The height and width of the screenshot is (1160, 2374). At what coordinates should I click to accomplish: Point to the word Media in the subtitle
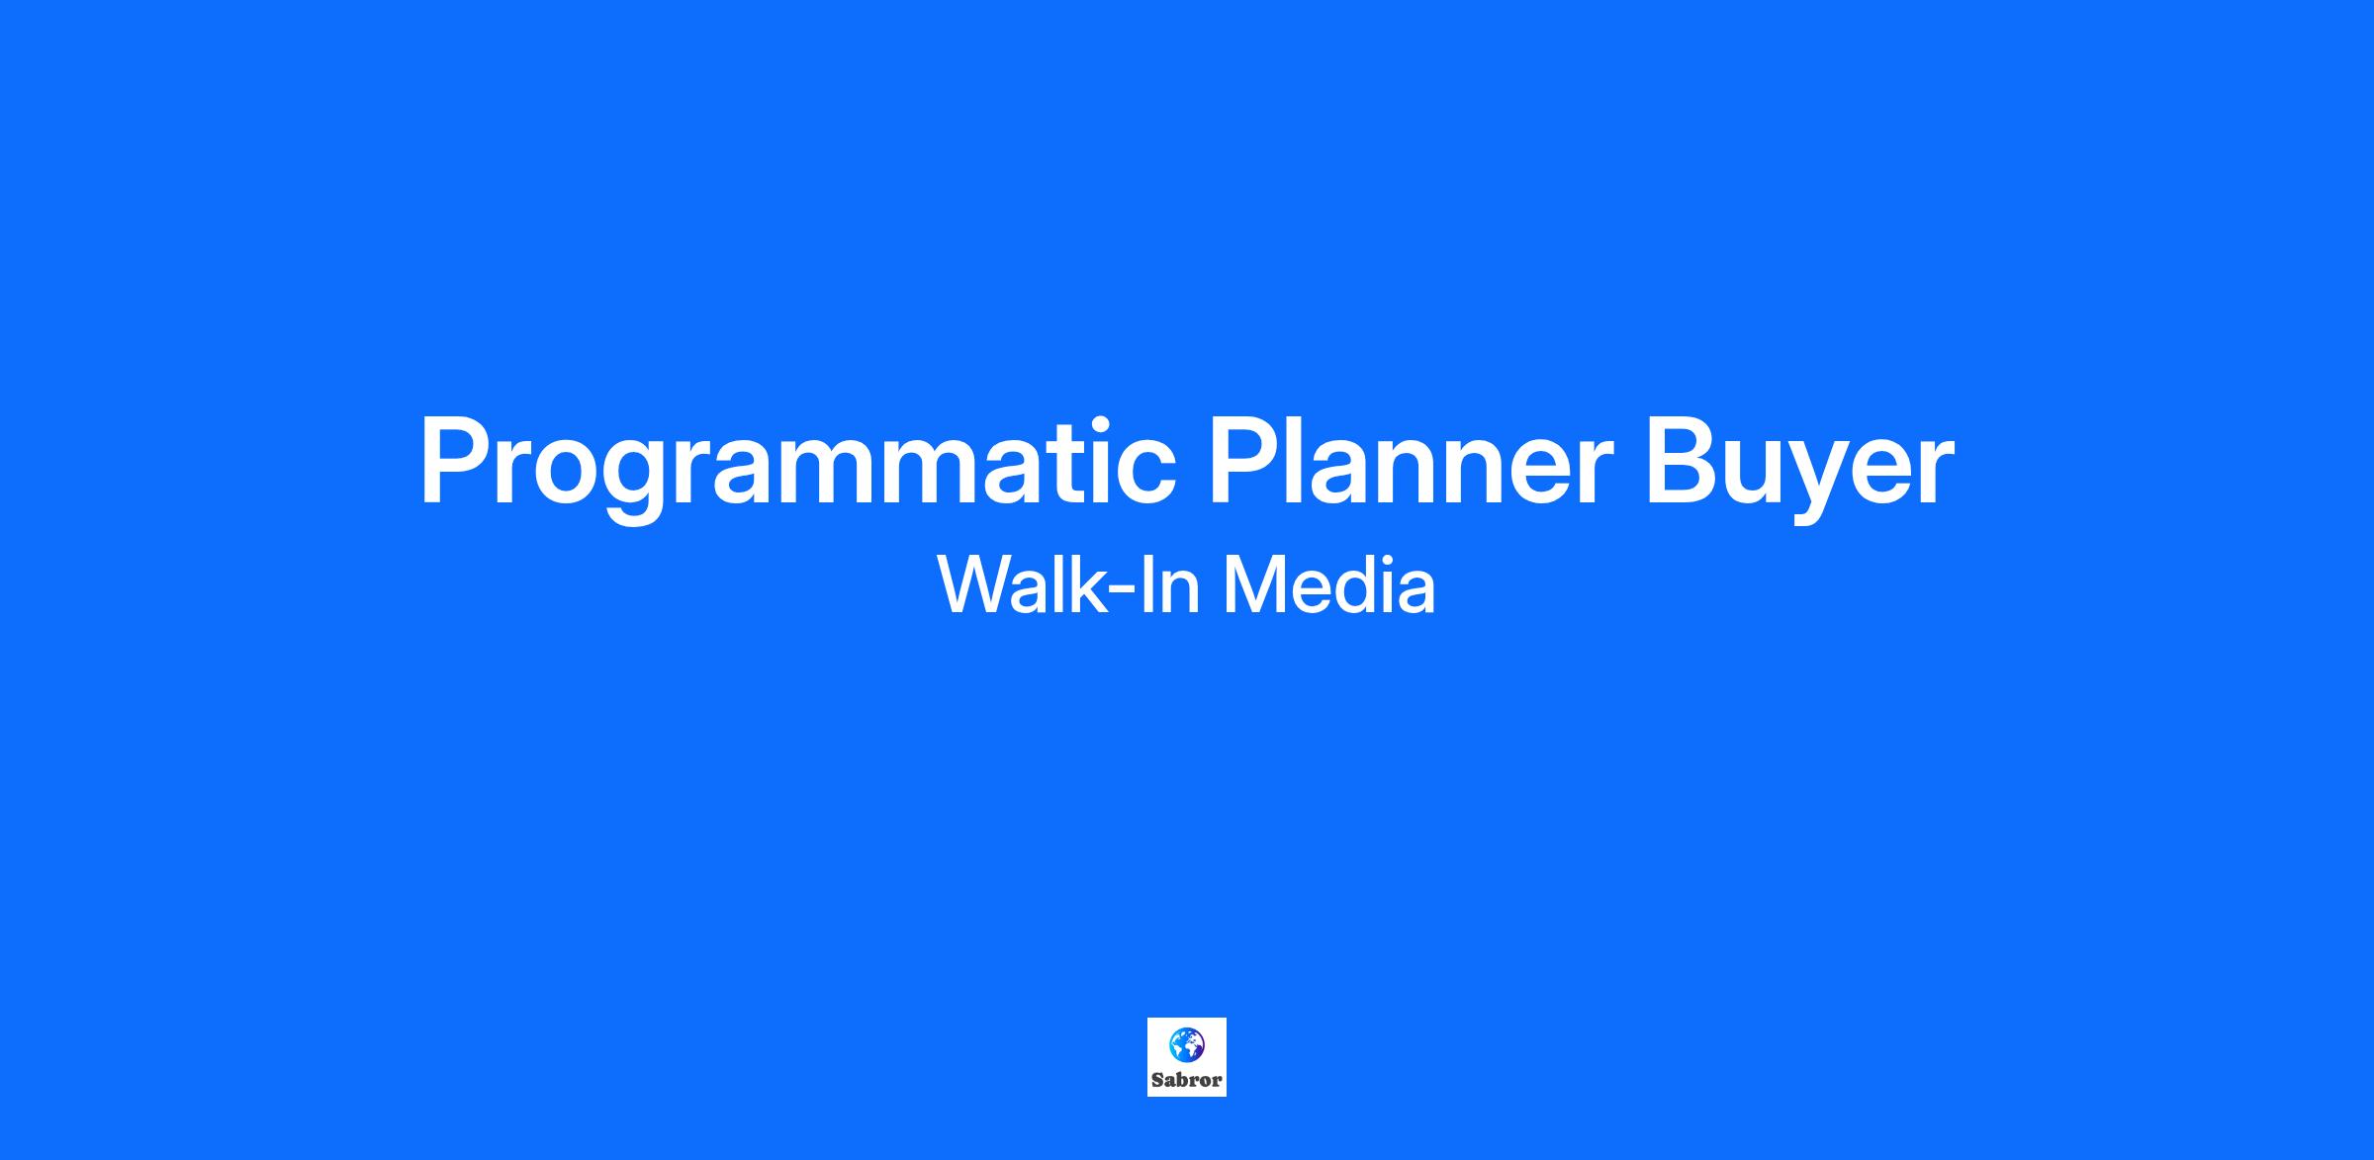point(1329,584)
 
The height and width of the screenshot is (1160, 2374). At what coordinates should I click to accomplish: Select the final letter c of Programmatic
point(1144,474)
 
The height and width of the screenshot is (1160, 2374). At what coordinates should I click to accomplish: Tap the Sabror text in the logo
point(1187,1080)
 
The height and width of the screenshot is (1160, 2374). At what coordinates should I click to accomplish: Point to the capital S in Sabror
point(1157,1080)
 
